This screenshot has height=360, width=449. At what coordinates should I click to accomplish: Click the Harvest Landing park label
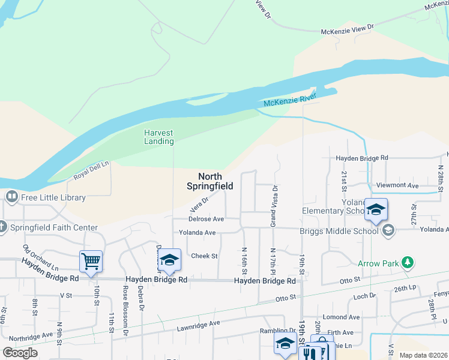[158, 137]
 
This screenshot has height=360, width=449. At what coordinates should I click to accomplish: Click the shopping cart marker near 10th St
[90, 261]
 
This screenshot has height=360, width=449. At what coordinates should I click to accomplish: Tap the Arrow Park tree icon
[408, 263]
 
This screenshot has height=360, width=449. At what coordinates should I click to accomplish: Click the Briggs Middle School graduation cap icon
[388, 230]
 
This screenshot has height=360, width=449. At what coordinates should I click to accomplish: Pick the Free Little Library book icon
[11, 197]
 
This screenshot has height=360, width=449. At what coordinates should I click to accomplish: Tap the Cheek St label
[203, 256]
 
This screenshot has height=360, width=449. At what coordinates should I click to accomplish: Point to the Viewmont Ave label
[397, 186]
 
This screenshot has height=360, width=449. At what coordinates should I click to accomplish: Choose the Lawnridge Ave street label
[198, 325]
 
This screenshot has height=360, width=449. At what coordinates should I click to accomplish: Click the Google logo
[20, 353]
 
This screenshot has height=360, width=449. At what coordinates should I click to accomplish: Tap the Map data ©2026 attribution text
[423, 355]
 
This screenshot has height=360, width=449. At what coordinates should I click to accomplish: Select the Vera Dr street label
[199, 204]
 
